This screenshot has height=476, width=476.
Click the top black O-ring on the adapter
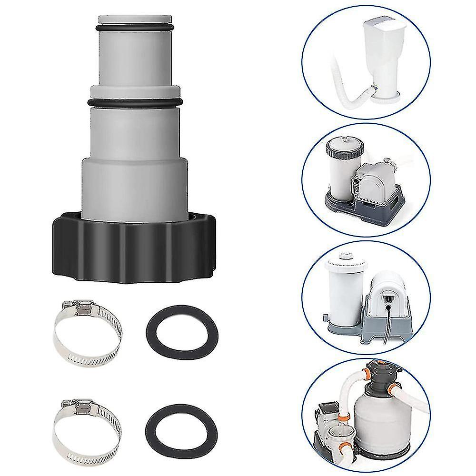134,30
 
